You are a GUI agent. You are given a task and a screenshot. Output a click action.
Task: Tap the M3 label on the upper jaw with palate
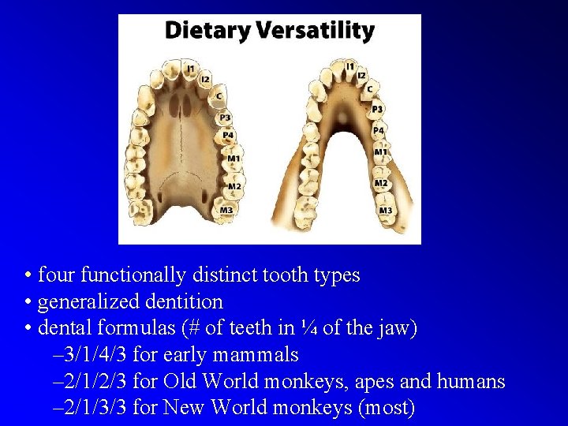[226, 210]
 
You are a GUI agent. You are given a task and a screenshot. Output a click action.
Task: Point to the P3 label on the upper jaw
[225, 118]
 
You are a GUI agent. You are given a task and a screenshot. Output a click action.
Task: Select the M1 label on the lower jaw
[380, 152]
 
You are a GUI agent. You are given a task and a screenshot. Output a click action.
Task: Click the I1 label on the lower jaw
[349, 66]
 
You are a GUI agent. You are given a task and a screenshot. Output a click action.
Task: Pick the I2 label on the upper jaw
[205, 79]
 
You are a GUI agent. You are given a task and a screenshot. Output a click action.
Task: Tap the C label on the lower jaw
[369, 89]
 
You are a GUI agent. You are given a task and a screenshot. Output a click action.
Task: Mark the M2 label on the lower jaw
[381, 183]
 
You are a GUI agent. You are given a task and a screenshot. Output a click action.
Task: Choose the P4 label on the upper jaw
[228, 135]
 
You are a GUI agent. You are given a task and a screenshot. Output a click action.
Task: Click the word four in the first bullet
[55, 275]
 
